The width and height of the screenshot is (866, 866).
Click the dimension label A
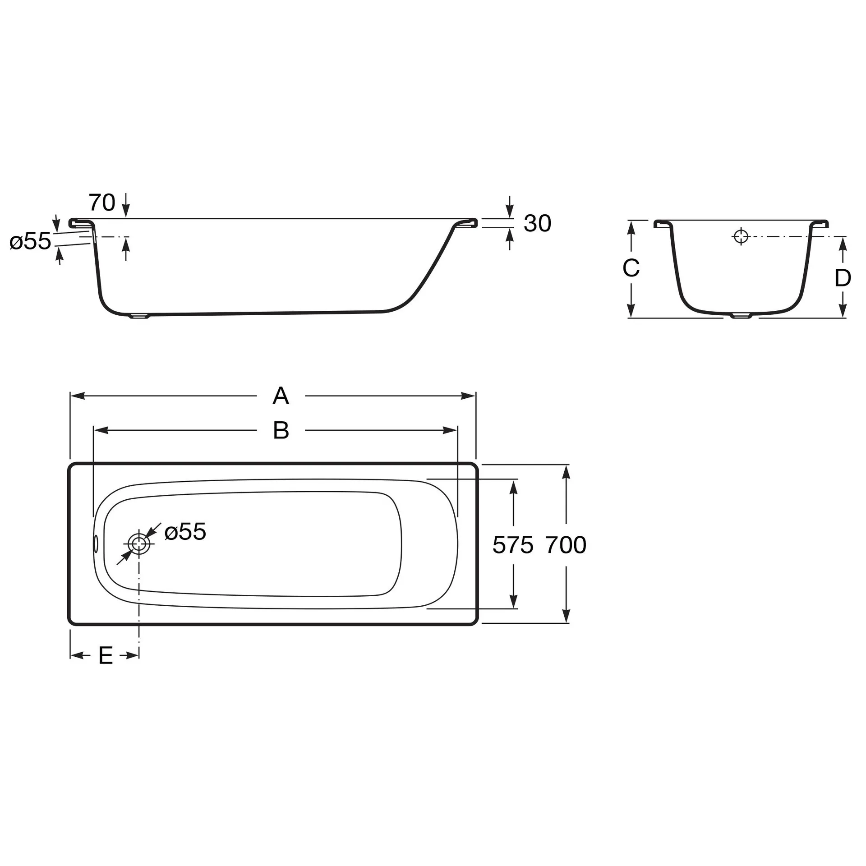click(x=281, y=396)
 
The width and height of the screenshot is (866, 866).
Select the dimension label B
click(x=281, y=430)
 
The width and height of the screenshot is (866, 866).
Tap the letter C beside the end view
click(x=631, y=268)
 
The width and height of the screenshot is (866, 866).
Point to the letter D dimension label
click(x=843, y=278)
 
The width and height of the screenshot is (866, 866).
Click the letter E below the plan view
click(x=106, y=655)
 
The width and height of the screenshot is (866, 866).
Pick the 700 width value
click(x=566, y=545)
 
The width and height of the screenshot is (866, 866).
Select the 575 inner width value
click(x=513, y=545)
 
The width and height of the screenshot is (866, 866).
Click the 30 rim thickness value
click(x=538, y=223)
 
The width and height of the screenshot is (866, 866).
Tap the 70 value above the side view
click(x=102, y=202)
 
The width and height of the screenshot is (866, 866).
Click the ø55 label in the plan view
click(x=185, y=531)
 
